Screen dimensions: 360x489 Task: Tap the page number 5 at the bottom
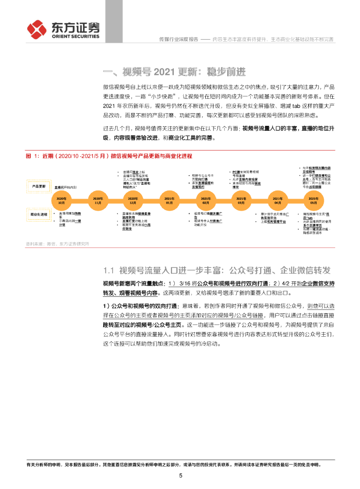[180, 476]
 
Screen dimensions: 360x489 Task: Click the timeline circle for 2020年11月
[97, 198]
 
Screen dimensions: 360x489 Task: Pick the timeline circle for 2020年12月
[133, 198]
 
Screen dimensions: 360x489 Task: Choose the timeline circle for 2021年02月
[205, 198]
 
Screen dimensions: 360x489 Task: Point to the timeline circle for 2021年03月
[242, 198]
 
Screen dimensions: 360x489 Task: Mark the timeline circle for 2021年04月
[277, 198]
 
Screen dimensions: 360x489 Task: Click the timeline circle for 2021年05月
[313, 198]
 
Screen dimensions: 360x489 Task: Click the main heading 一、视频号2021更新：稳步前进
[174, 72]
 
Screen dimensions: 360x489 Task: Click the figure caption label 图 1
[32, 156]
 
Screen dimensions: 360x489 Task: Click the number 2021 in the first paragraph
[111, 106]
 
